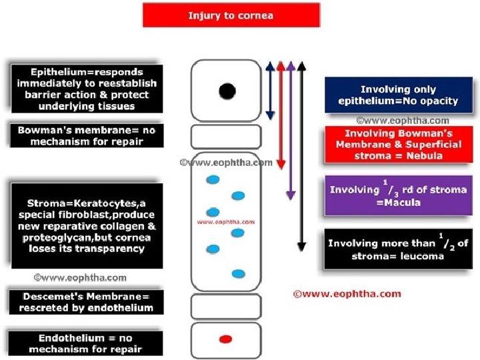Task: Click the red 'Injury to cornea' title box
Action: [231, 15]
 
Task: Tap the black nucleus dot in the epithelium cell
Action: [227, 91]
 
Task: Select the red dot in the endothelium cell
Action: [226, 339]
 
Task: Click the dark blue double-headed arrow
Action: [270, 91]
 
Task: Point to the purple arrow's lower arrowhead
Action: [291, 195]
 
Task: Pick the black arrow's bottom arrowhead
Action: [302, 247]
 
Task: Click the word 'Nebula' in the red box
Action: [424, 156]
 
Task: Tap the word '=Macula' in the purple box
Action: [398, 203]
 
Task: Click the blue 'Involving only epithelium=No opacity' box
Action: [399, 95]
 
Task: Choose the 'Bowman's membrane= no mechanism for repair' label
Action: [87, 135]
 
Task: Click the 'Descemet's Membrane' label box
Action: [86, 302]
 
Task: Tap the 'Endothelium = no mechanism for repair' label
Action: [85, 343]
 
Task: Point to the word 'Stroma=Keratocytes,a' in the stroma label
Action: [86, 203]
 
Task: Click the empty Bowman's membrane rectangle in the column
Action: [226, 137]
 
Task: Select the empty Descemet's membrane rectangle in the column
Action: [226, 307]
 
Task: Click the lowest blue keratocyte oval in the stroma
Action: [238, 274]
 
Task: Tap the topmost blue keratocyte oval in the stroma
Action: [213, 180]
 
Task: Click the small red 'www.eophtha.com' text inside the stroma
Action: [226, 222]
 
